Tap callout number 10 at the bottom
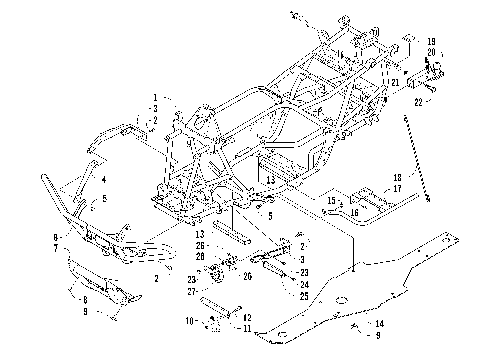(190, 320)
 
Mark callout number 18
(369, 176)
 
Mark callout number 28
(202, 257)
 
